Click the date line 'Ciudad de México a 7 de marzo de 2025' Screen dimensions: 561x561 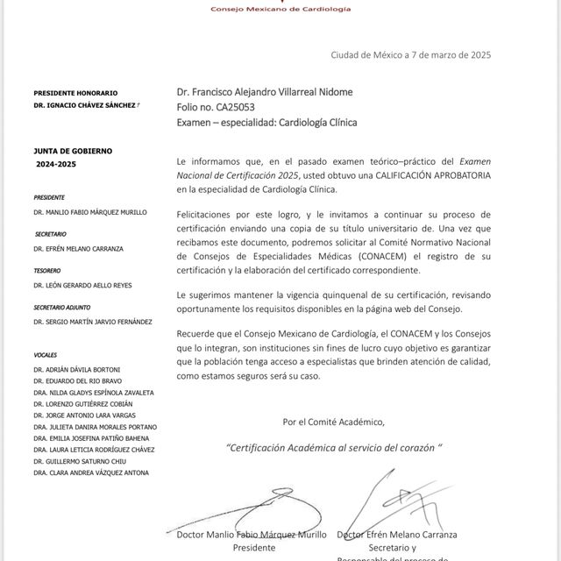coord(410,54)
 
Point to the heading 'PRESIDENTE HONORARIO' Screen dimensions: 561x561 coord(75,93)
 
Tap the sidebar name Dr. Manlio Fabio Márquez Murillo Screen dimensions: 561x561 coord(90,212)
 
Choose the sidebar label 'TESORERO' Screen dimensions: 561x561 coord(46,271)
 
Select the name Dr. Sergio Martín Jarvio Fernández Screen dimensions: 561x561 coord(93,322)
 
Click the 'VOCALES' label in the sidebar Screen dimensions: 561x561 coord(46,356)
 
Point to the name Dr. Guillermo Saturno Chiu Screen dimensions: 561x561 coord(80,461)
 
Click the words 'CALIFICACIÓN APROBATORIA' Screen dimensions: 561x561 coord(433,175)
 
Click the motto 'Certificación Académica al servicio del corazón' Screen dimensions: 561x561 coord(333,446)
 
